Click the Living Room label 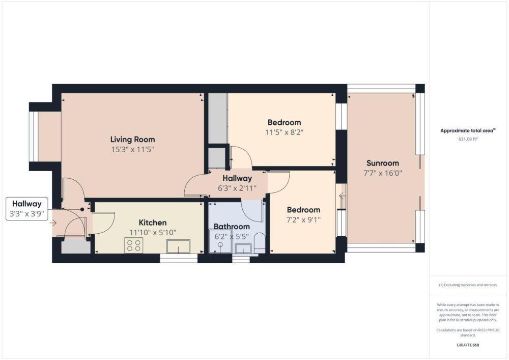pyautogui.click(x=132, y=140)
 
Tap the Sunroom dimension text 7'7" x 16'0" pyautogui.click(x=383, y=173)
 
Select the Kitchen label pyautogui.click(x=153, y=223)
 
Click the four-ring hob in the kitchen pyautogui.click(x=134, y=245)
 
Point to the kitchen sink pyautogui.click(x=178, y=246)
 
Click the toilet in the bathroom pyautogui.click(x=260, y=243)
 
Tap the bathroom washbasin pyautogui.click(x=242, y=248)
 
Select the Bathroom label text pyautogui.click(x=232, y=227)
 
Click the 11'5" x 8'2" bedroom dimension pyautogui.click(x=285, y=132)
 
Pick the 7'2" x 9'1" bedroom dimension pyautogui.click(x=303, y=220)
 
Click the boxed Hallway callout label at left pyautogui.click(x=27, y=209)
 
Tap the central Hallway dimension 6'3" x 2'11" pyautogui.click(x=237, y=188)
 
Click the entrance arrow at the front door pyautogui.click(x=53, y=223)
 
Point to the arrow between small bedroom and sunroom pyautogui.click(x=342, y=196)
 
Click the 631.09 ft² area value pyautogui.click(x=468, y=139)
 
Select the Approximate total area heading pyautogui.click(x=468, y=131)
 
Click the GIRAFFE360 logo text pyautogui.click(x=468, y=345)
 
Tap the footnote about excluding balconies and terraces pyautogui.click(x=468, y=285)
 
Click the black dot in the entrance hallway pyautogui.click(x=82, y=210)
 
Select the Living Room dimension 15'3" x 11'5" pyautogui.click(x=132, y=150)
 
